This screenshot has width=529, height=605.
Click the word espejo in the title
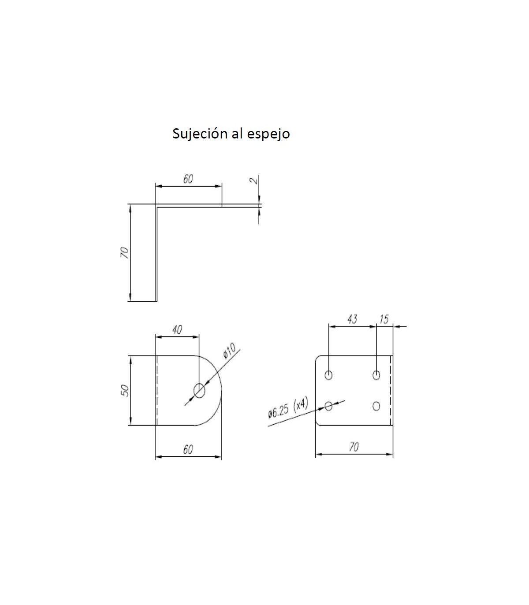coord(268,134)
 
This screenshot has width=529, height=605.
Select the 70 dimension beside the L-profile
coord(125,253)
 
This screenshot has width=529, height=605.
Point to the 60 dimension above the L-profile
coord(188,179)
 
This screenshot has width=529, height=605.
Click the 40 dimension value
coord(177,330)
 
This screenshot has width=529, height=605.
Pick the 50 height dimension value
coord(125,390)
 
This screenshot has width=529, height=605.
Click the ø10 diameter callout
coord(230,352)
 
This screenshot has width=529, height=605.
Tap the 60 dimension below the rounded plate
coord(188,449)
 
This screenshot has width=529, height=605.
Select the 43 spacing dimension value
coord(352,319)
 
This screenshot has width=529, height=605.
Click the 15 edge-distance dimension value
coord(384,319)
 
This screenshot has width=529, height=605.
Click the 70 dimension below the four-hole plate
coord(354,447)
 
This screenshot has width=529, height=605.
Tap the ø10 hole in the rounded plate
coord(200,390)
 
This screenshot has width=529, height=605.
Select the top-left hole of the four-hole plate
coord(328,375)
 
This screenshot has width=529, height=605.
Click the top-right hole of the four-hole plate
coord(376,375)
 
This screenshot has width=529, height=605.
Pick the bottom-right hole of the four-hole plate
coord(376,406)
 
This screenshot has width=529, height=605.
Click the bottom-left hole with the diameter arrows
coord(328,406)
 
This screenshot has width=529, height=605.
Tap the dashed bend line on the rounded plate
coord(157,390)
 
